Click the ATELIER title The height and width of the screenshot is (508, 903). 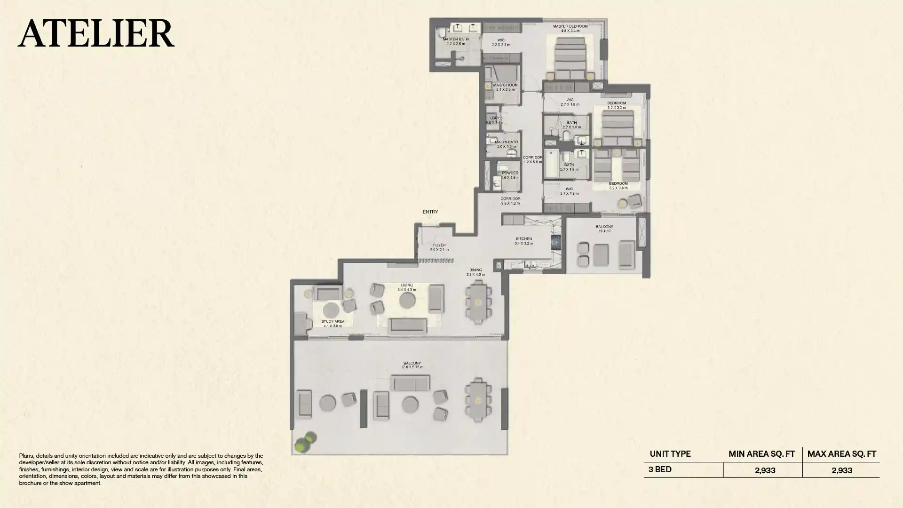point(96,33)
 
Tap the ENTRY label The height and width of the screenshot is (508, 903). point(430,212)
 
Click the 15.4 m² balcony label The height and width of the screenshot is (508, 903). point(604,229)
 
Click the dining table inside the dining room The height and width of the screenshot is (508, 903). point(478,302)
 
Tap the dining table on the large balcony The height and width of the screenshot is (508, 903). point(478,400)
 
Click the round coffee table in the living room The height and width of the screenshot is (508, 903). point(407,300)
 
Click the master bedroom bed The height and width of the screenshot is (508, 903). point(570,59)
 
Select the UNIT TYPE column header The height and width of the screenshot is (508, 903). point(670,454)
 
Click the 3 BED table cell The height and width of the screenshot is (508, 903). point(660,469)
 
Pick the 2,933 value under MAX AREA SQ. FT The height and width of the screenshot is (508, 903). point(841,470)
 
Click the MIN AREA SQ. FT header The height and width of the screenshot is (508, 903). point(761,454)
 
